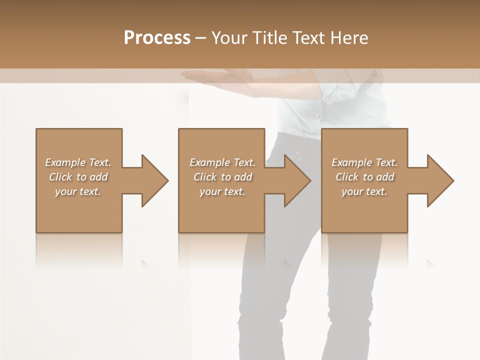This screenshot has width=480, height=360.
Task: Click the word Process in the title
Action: (157, 38)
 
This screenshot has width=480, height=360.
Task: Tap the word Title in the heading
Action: (269, 38)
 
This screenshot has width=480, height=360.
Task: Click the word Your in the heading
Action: (230, 38)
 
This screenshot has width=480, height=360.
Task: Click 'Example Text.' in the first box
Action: (78, 162)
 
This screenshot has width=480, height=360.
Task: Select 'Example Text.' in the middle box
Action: (222, 162)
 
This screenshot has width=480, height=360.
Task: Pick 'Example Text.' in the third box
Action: (364, 162)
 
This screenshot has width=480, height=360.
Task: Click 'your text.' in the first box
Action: (78, 191)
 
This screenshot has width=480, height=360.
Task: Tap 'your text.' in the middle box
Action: (222, 191)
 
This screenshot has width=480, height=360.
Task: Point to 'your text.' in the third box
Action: (364, 191)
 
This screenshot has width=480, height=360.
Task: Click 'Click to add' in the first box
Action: (78, 177)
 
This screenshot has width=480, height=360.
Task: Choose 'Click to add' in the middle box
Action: (222, 177)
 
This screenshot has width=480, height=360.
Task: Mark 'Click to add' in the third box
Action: (364, 177)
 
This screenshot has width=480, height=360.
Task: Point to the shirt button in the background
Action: (316, 115)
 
